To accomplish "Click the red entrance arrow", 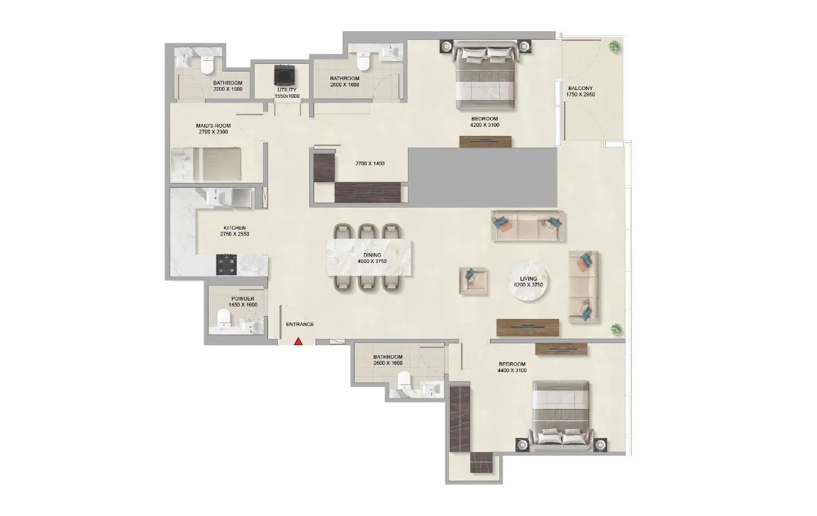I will click(x=299, y=341).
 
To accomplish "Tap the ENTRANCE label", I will click(x=299, y=325).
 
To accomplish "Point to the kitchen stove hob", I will click(x=228, y=265).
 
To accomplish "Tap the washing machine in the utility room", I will click(x=285, y=75).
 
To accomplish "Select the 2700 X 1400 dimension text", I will click(x=369, y=164).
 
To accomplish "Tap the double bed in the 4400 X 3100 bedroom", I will click(x=561, y=415).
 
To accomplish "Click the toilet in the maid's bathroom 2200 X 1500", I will click(x=207, y=65).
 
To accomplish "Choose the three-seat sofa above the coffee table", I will click(x=528, y=226).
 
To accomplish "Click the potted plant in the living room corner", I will click(x=616, y=329).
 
